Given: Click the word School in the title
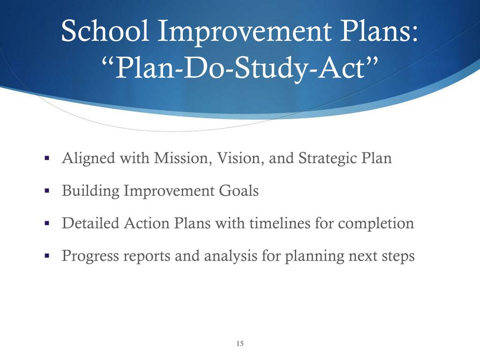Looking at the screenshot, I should [x=105, y=32].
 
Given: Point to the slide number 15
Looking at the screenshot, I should [x=240, y=344].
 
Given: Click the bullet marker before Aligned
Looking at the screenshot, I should [x=47, y=158].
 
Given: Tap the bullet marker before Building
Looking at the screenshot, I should [x=47, y=191].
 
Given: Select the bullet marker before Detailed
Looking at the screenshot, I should [x=47, y=223].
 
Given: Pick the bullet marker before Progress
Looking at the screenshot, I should [x=47, y=256].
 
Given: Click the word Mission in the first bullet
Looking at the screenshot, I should [x=183, y=158].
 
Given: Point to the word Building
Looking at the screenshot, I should [x=90, y=191].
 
